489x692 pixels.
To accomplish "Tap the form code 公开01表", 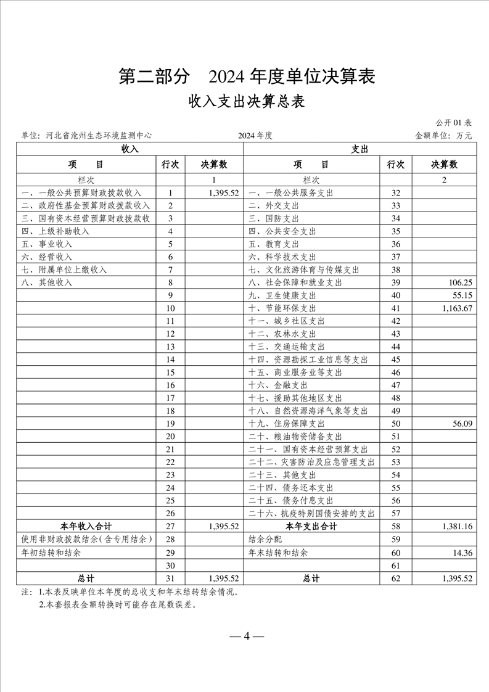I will tap(453, 123).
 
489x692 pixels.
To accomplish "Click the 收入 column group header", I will tap(129, 149).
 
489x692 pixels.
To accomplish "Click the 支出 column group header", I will tap(360, 149).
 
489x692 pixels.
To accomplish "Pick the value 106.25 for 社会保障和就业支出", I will tap(458, 282).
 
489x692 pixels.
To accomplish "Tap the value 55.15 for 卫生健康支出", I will tap(461, 295).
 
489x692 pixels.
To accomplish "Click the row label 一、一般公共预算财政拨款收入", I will tap(81, 193).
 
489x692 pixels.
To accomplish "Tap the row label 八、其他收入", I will tap(46, 282).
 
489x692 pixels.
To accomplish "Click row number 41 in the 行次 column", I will tap(395, 308).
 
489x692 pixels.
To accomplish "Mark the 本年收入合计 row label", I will tap(86, 527).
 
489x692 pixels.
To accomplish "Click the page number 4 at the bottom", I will tap(245, 636).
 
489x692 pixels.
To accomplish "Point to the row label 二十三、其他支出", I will tap(282, 475).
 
